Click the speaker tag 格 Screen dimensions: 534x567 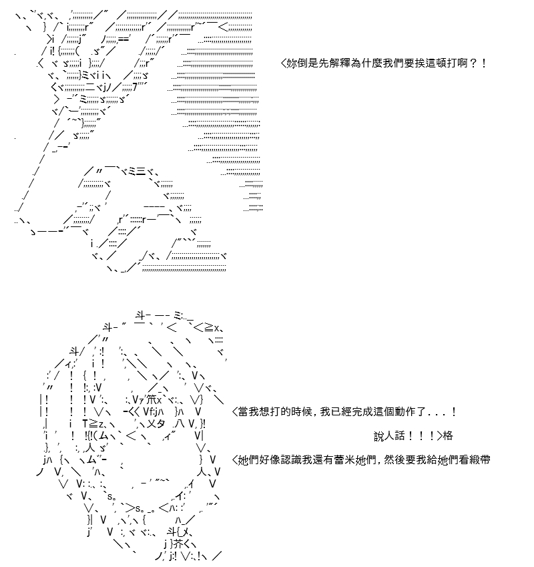click(448, 435)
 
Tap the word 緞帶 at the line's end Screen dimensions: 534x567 click(480, 459)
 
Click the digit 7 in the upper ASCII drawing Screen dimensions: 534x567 click(135, 87)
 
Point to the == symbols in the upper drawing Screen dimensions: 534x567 click(123, 38)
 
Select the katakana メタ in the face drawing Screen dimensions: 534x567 click(156, 423)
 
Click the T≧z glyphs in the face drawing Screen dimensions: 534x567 click(93, 423)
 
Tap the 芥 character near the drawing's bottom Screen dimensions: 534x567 click(178, 544)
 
